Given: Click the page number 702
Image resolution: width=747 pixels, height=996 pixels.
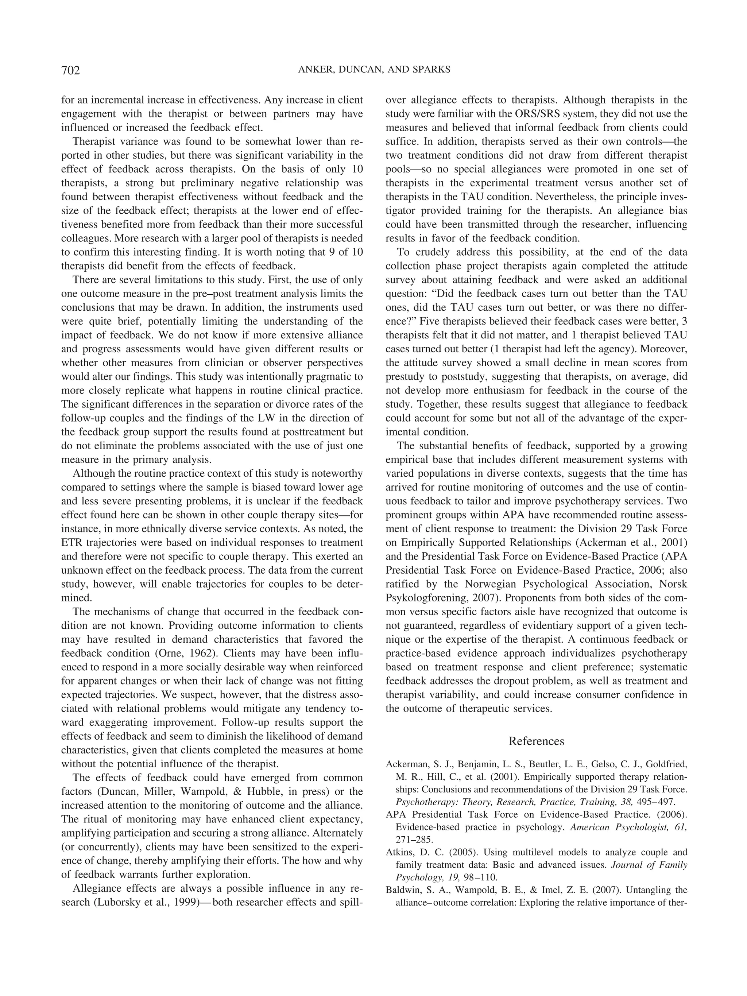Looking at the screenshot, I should tap(70, 71).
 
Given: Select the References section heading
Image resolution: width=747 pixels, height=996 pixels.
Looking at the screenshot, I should tap(536, 741).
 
